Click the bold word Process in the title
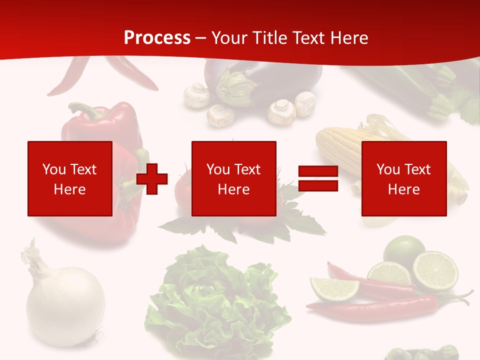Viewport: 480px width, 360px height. pyautogui.click(x=157, y=38)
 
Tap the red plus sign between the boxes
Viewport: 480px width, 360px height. pyautogui.click(x=152, y=179)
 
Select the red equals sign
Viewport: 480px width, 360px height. pyautogui.click(x=318, y=179)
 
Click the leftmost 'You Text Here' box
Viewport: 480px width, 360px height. pyautogui.click(x=69, y=178)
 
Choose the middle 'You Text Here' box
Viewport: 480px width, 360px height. pyautogui.click(x=233, y=178)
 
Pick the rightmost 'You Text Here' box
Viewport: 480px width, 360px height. pyautogui.click(x=403, y=178)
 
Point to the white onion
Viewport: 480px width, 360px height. pyautogui.click(x=65, y=305)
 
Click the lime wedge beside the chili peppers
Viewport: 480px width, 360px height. pyautogui.click(x=333, y=288)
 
